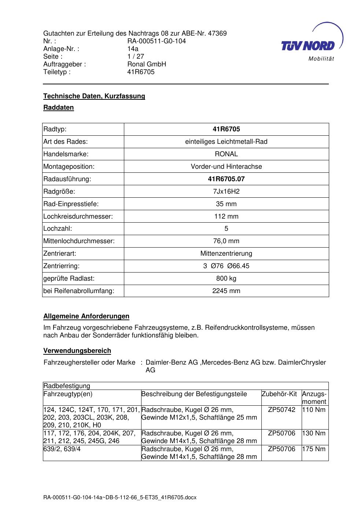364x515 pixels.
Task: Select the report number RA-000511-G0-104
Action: coord(157,41)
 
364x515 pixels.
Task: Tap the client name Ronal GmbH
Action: coord(147,64)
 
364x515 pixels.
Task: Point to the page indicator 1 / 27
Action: coord(136,56)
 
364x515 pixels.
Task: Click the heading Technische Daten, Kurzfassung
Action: coord(94,96)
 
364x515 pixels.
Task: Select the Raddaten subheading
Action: coord(59,107)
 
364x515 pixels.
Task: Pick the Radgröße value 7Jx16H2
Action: coord(226,191)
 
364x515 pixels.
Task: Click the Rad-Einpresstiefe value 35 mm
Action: coord(226,204)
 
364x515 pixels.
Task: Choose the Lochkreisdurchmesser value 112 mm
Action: coord(226,216)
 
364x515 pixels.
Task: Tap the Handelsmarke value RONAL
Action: coord(226,154)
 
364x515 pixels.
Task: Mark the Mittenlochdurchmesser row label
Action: coord(79,241)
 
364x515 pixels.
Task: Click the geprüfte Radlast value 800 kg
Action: coord(226,278)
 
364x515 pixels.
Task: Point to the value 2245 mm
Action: coord(226,291)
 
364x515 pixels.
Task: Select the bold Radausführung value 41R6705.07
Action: coord(226,179)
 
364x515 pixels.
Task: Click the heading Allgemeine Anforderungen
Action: coord(86,316)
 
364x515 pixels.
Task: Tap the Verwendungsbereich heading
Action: coord(77,351)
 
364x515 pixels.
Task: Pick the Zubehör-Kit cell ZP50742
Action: coord(282,410)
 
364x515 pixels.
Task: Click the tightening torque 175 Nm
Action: coord(314,449)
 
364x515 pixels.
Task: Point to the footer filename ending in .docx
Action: coord(120,498)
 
